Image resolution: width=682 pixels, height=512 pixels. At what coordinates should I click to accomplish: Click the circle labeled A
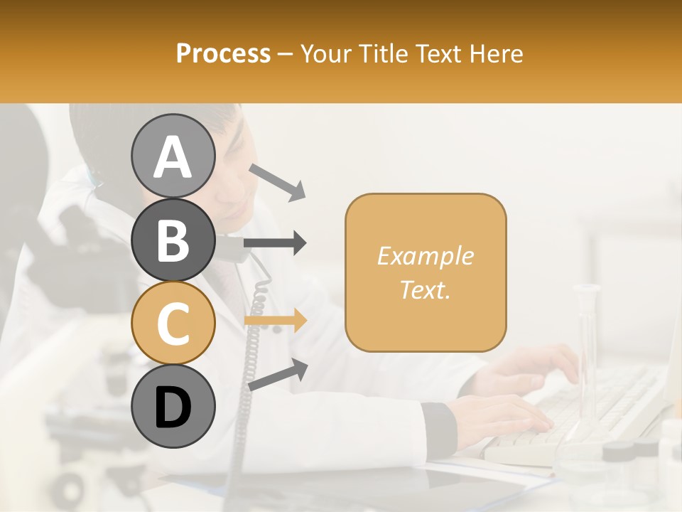tap(173, 156)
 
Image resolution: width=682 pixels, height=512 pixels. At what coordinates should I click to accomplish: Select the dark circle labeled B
tap(173, 240)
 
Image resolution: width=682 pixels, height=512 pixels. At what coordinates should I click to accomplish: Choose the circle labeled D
tap(173, 407)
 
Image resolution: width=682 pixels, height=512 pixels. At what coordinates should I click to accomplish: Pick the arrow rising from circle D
tap(278, 375)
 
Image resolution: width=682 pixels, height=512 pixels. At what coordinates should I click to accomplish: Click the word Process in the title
tap(223, 53)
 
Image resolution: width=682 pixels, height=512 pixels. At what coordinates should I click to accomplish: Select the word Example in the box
tap(425, 256)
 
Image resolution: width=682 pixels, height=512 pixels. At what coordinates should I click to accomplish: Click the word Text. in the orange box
tap(425, 289)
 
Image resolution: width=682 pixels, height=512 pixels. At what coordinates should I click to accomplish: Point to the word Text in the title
tap(435, 53)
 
